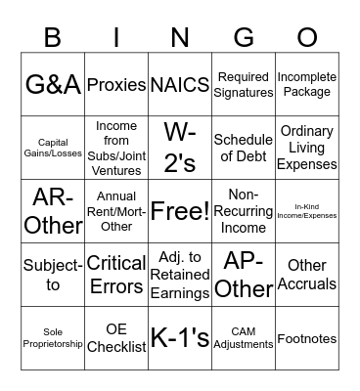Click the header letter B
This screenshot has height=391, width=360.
53,37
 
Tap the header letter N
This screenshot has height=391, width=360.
180,37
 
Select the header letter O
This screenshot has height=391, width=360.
307,37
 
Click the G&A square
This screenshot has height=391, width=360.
53,85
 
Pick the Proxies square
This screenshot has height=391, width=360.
116,85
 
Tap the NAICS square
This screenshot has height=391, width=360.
180,85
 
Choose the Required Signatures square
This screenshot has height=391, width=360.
244,85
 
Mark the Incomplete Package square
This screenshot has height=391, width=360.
307,85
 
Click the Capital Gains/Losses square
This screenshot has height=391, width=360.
53,149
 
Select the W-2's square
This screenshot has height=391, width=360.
180,149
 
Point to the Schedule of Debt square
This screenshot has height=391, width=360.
244,149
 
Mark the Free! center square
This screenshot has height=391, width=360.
180,211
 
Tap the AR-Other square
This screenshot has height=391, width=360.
53,211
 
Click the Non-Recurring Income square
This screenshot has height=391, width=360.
244,211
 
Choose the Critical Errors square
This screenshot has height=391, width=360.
116,275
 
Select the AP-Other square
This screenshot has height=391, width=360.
244,275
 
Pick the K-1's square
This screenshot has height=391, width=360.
180,338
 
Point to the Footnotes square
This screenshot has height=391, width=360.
307,338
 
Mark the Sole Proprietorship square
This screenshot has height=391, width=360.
53,338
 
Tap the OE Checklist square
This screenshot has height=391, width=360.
116,338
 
